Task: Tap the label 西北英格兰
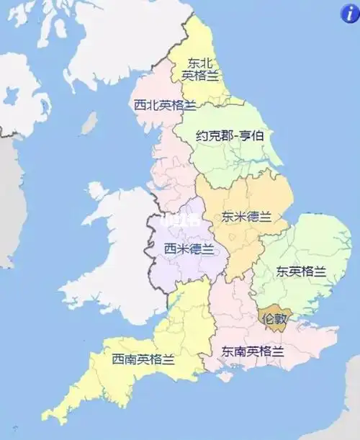coord(165,105)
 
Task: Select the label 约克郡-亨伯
coord(228,135)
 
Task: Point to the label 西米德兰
coord(189,249)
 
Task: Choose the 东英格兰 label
coord(301,271)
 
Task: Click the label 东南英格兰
coord(252,351)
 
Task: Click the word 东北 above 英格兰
coord(200,63)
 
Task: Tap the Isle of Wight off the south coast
coord(228,377)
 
